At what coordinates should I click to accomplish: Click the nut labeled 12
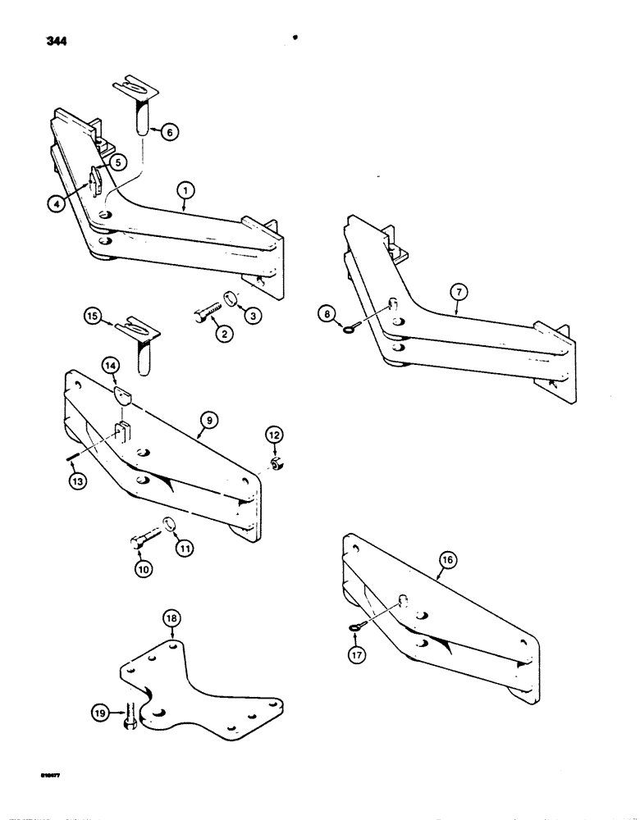(x=277, y=467)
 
